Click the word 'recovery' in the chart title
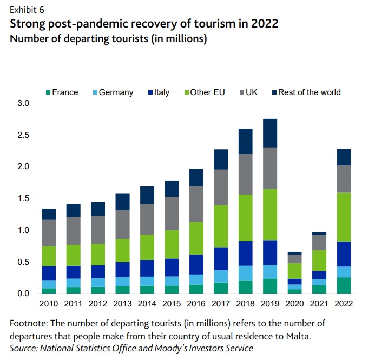point(142,24)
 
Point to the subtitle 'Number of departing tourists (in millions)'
point(109,39)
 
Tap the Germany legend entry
point(112,92)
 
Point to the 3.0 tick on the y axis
point(24,103)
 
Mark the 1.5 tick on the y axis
point(24,198)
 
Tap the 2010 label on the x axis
point(49,303)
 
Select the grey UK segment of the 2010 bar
point(49,233)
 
